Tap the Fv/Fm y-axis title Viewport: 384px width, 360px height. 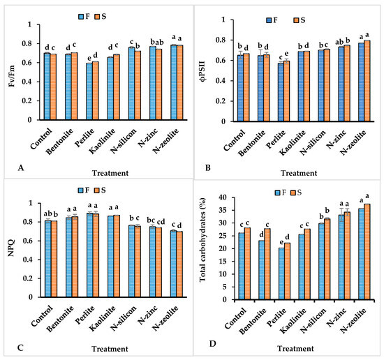(x=9, y=72)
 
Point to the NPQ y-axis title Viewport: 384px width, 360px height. (x=9, y=251)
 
